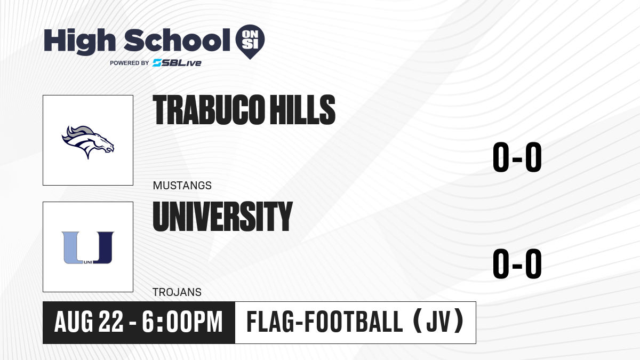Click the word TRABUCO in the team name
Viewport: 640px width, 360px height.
tap(209, 110)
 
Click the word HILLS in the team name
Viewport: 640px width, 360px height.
tap(302, 110)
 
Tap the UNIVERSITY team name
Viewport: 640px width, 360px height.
tap(223, 217)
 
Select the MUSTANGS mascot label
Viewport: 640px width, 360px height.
tap(182, 186)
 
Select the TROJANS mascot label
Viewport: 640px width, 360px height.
tap(177, 292)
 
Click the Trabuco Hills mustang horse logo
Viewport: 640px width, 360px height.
tap(88, 142)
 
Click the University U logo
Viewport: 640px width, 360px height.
tap(88, 247)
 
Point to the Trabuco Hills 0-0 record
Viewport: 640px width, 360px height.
tap(517, 157)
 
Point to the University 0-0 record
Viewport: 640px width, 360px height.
tap(517, 263)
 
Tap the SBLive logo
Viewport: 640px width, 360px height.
tap(177, 63)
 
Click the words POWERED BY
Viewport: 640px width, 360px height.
tap(130, 63)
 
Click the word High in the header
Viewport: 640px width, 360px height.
tap(80, 41)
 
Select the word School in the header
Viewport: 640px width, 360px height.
tap(177, 40)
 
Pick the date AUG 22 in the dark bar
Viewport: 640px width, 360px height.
tap(89, 322)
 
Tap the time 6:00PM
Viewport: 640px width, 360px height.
tap(182, 322)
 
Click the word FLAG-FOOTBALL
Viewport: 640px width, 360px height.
tap(325, 322)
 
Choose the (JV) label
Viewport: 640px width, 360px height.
tap(438, 322)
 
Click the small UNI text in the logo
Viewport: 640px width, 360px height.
tap(88, 262)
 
